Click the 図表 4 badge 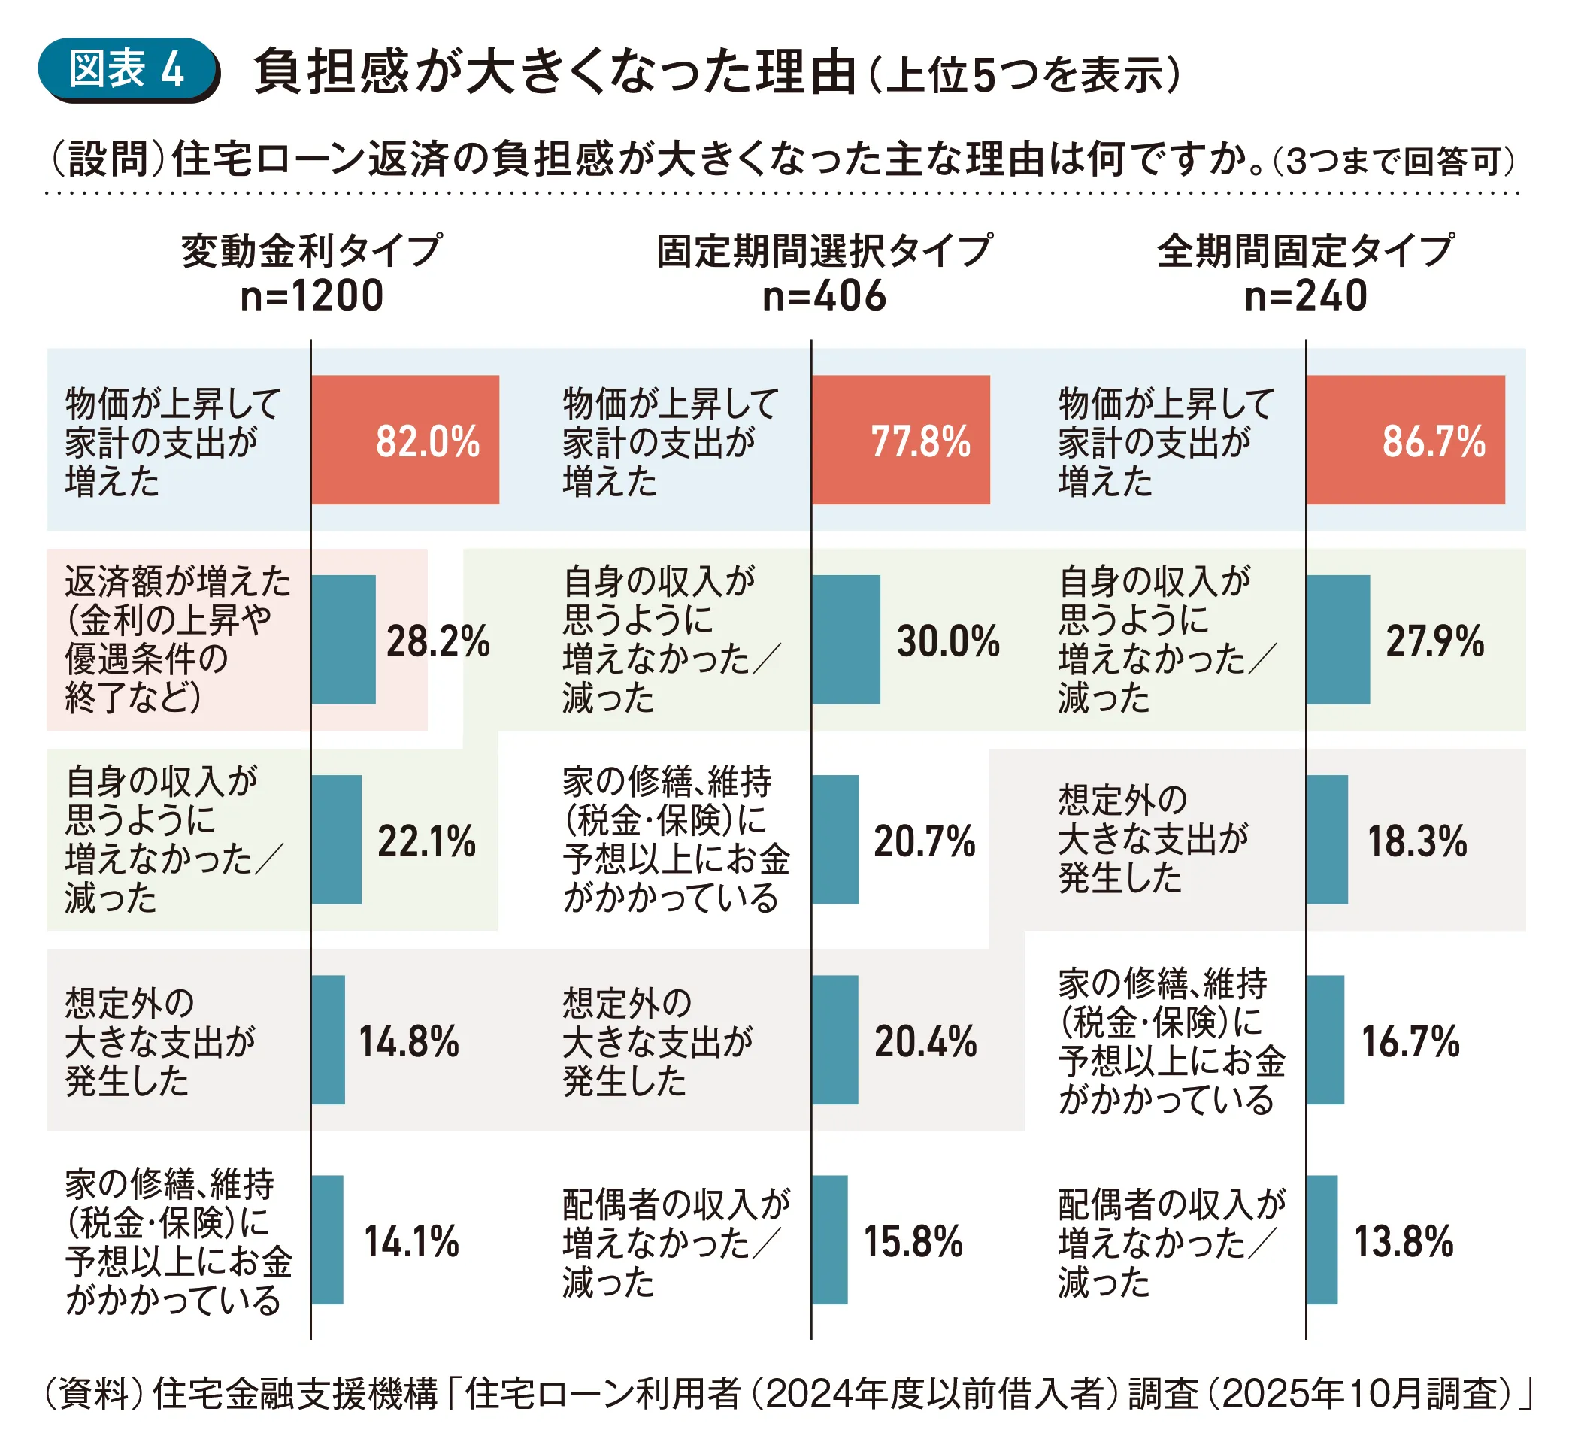127,69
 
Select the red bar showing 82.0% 404,440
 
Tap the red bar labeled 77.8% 900,440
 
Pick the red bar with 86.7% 1404,440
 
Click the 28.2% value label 438,641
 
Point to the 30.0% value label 948,641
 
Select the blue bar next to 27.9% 1338,639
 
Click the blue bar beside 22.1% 337,839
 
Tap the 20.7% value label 924,841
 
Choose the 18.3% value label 1417,841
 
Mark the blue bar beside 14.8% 329,1039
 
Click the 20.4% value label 925,1042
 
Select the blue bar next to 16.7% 1325,1039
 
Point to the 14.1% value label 411,1242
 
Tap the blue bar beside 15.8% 829,1240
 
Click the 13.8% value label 1404,1242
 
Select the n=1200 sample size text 312,296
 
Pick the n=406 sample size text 824,296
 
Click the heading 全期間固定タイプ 1305,251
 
